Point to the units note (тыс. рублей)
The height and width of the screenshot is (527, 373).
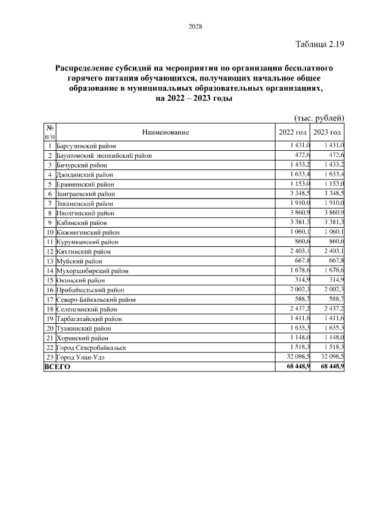319,118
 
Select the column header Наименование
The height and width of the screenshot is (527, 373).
166,132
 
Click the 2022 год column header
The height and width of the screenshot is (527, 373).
293,132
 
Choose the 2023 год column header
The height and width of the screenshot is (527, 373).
327,132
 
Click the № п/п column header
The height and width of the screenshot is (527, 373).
50,132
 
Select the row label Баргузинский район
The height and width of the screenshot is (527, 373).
86,146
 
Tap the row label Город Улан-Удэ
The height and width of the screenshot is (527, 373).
80,356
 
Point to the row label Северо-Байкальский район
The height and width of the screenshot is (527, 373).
96,299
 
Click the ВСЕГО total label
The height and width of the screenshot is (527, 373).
57,367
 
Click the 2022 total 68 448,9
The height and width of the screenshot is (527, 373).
298,367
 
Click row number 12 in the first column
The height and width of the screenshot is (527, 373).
50,252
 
